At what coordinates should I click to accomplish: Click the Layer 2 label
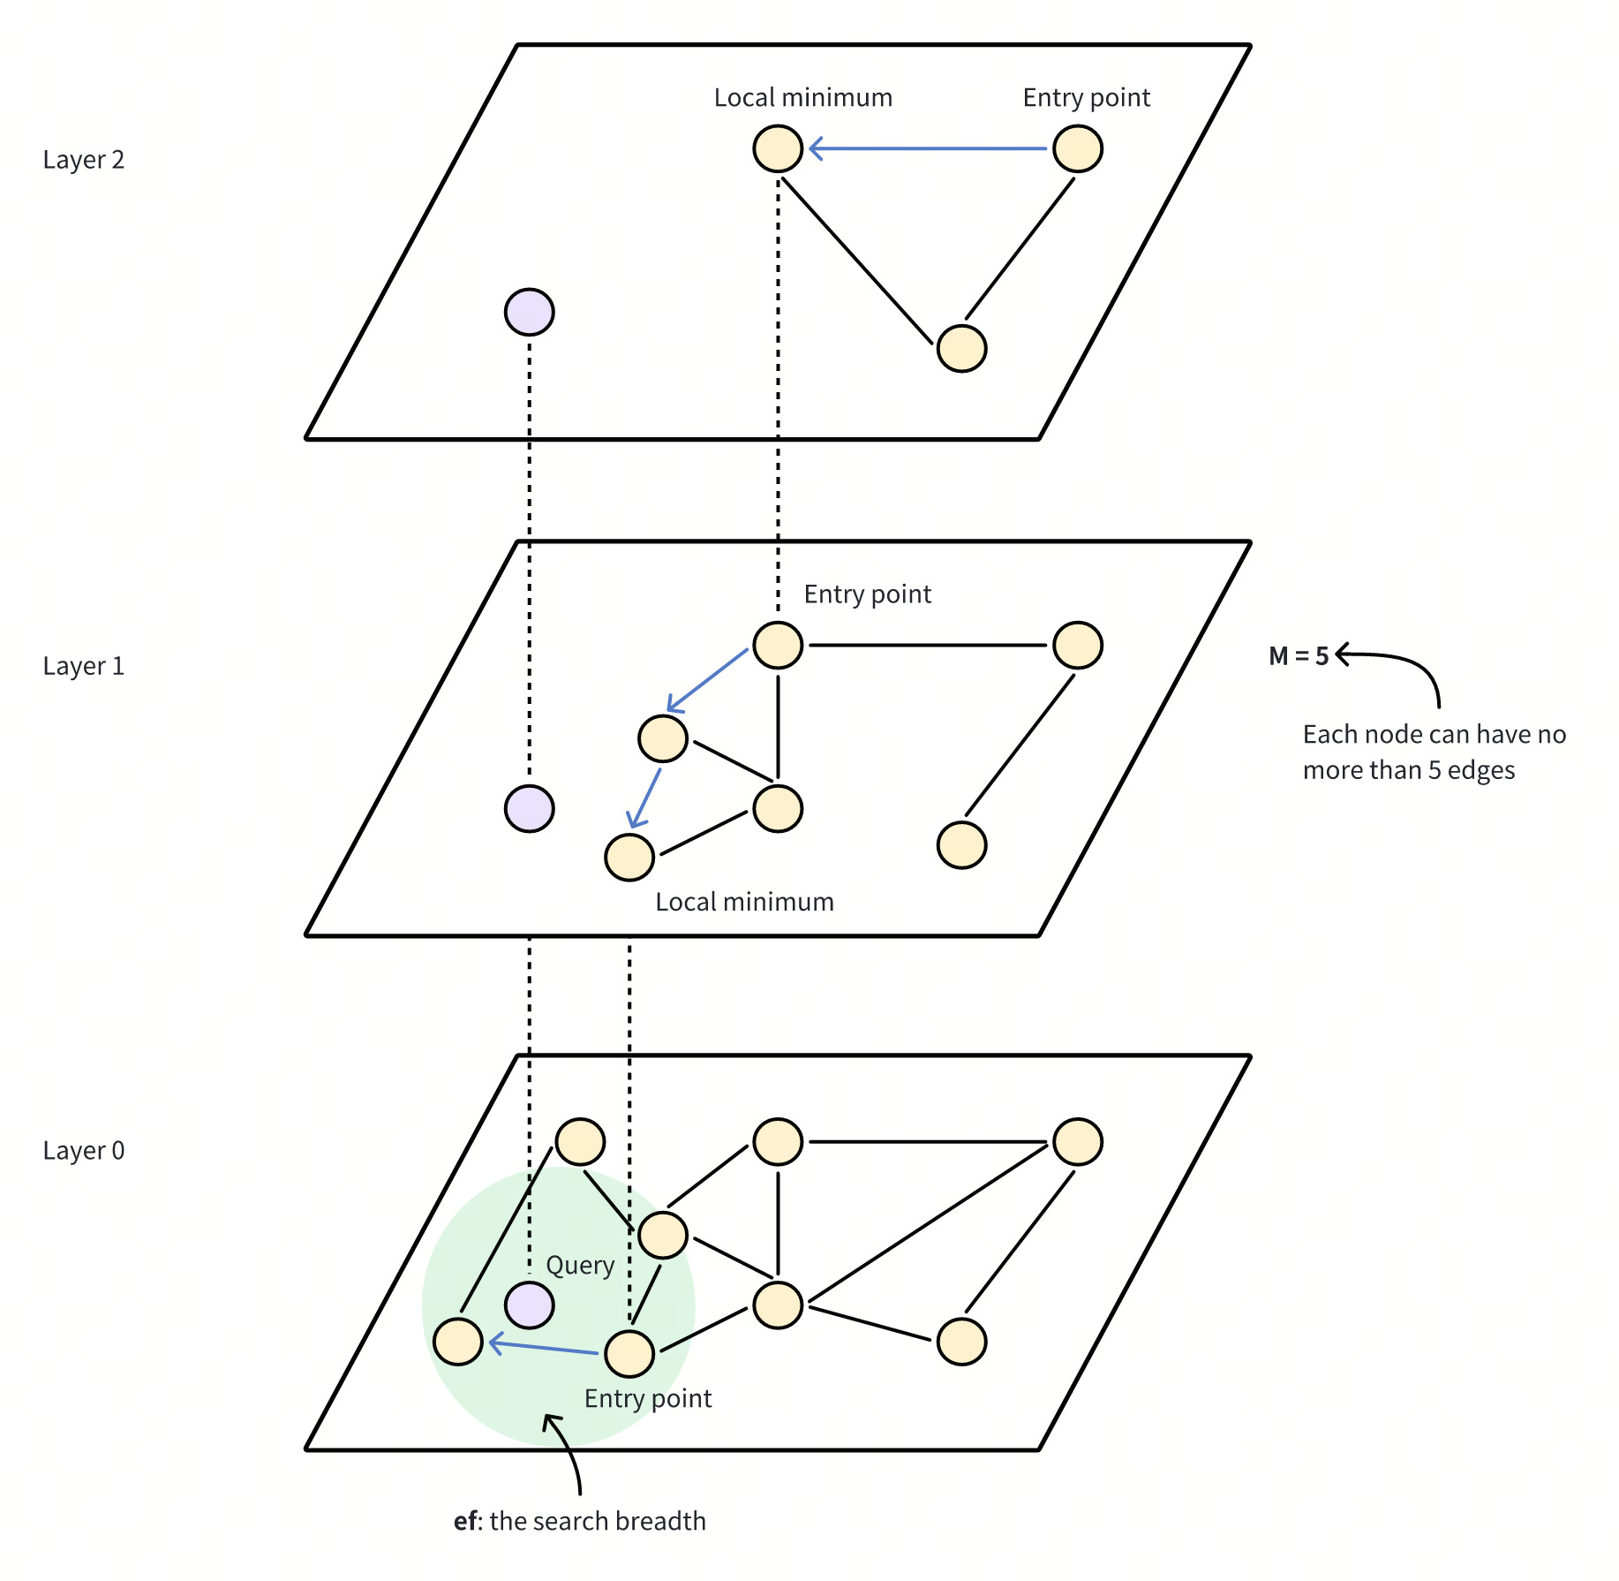click(84, 160)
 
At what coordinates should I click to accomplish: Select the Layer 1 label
click(84, 666)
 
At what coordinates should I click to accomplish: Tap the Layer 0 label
click(84, 1151)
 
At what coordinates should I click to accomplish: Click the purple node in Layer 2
click(529, 312)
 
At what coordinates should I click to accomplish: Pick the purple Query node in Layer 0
click(529, 1305)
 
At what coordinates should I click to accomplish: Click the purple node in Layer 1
click(529, 808)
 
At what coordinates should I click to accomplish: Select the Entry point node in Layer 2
click(1077, 148)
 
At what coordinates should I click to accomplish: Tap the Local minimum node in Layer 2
click(778, 148)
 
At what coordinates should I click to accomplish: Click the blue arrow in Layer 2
click(927, 148)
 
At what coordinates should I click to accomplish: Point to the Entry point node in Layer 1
click(778, 645)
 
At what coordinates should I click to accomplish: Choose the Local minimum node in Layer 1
click(629, 857)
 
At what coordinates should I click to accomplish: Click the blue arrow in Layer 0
click(543, 1348)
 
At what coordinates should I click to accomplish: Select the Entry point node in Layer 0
click(629, 1353)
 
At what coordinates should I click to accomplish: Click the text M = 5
click(1298, 656)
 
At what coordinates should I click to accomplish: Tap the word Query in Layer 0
click(580, 1266)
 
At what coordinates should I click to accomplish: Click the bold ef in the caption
click(467, 1521)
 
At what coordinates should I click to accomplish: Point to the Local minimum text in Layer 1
click(744, 902)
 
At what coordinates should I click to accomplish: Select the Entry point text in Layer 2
click(1086, 97)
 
